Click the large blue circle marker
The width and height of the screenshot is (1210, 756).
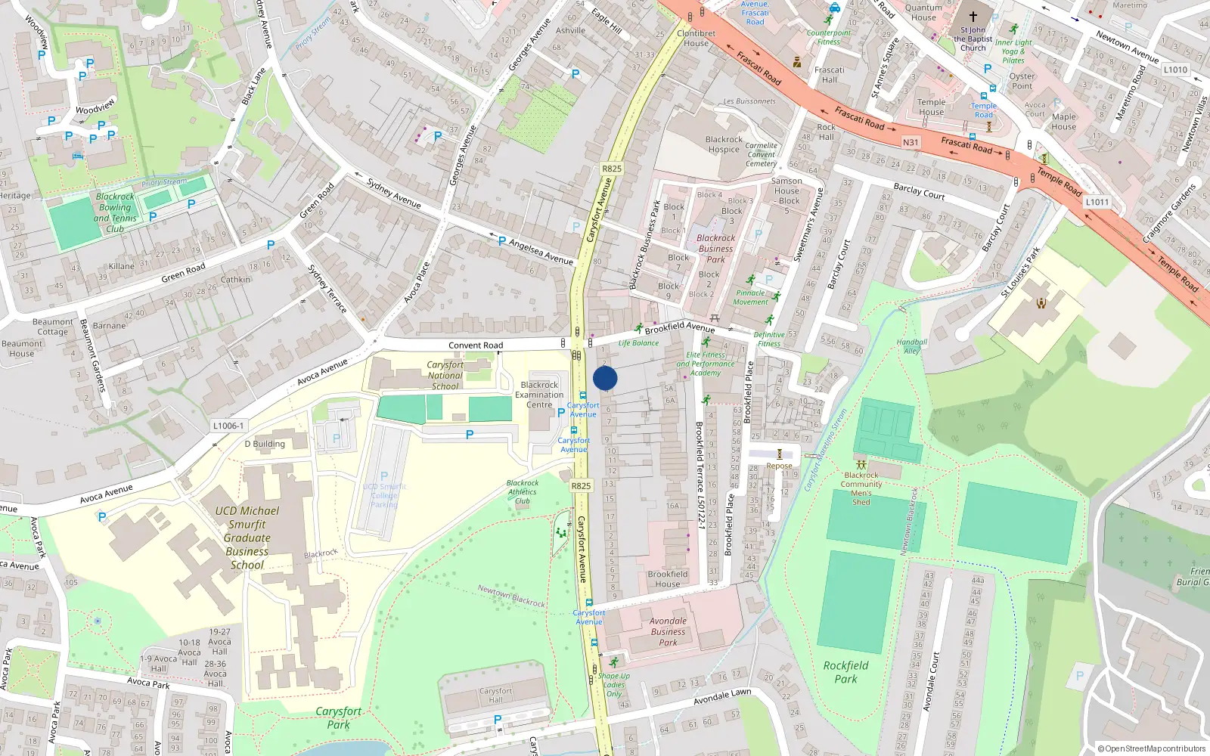pyautogui.click(x=605, y=378)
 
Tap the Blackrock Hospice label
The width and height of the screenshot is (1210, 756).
pyautogui.click(x=724, y=144)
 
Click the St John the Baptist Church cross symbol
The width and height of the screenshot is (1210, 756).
pyautogui.click(x=973, y=16)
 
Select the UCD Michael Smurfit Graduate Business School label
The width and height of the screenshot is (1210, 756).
pyautogui.click(x=247, y=538)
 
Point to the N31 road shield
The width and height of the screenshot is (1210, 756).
pyautogui.click(x=911, y=142)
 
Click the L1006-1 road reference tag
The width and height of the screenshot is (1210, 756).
pyautogui.click(x=228, y=426)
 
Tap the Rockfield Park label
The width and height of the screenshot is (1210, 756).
pyautogui.click(x=845, y=672)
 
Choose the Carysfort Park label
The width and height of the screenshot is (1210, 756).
pyautogui.click(x=338, y=717)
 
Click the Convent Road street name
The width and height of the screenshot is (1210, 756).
pyautogui.click(x=476, y=345)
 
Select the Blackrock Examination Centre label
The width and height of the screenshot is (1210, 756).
pyautogui.click(x=539, y=395)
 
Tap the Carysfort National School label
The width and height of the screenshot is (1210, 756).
pyautogui.click(x=445, y=375)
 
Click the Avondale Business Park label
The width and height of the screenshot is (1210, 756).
pyautogui.click(x=668, y=631)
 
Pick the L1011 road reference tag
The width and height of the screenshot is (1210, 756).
pyautogui.click(x=1097, y=202)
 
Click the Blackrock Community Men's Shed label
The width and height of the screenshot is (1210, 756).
pyautogui.click(x=861, y=488)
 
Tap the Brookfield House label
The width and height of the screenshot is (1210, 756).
pyautogui.click(x=668, y=579)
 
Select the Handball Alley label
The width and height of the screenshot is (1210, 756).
pyautogui.click(x=912, y=346)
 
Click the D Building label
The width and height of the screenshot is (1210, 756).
pyautogui.click(x=265, y=444)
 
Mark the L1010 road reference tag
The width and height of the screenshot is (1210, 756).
pyautogui.click(x=1175, y=70)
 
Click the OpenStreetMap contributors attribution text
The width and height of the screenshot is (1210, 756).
pyautogui.click(x=1151, y=748)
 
